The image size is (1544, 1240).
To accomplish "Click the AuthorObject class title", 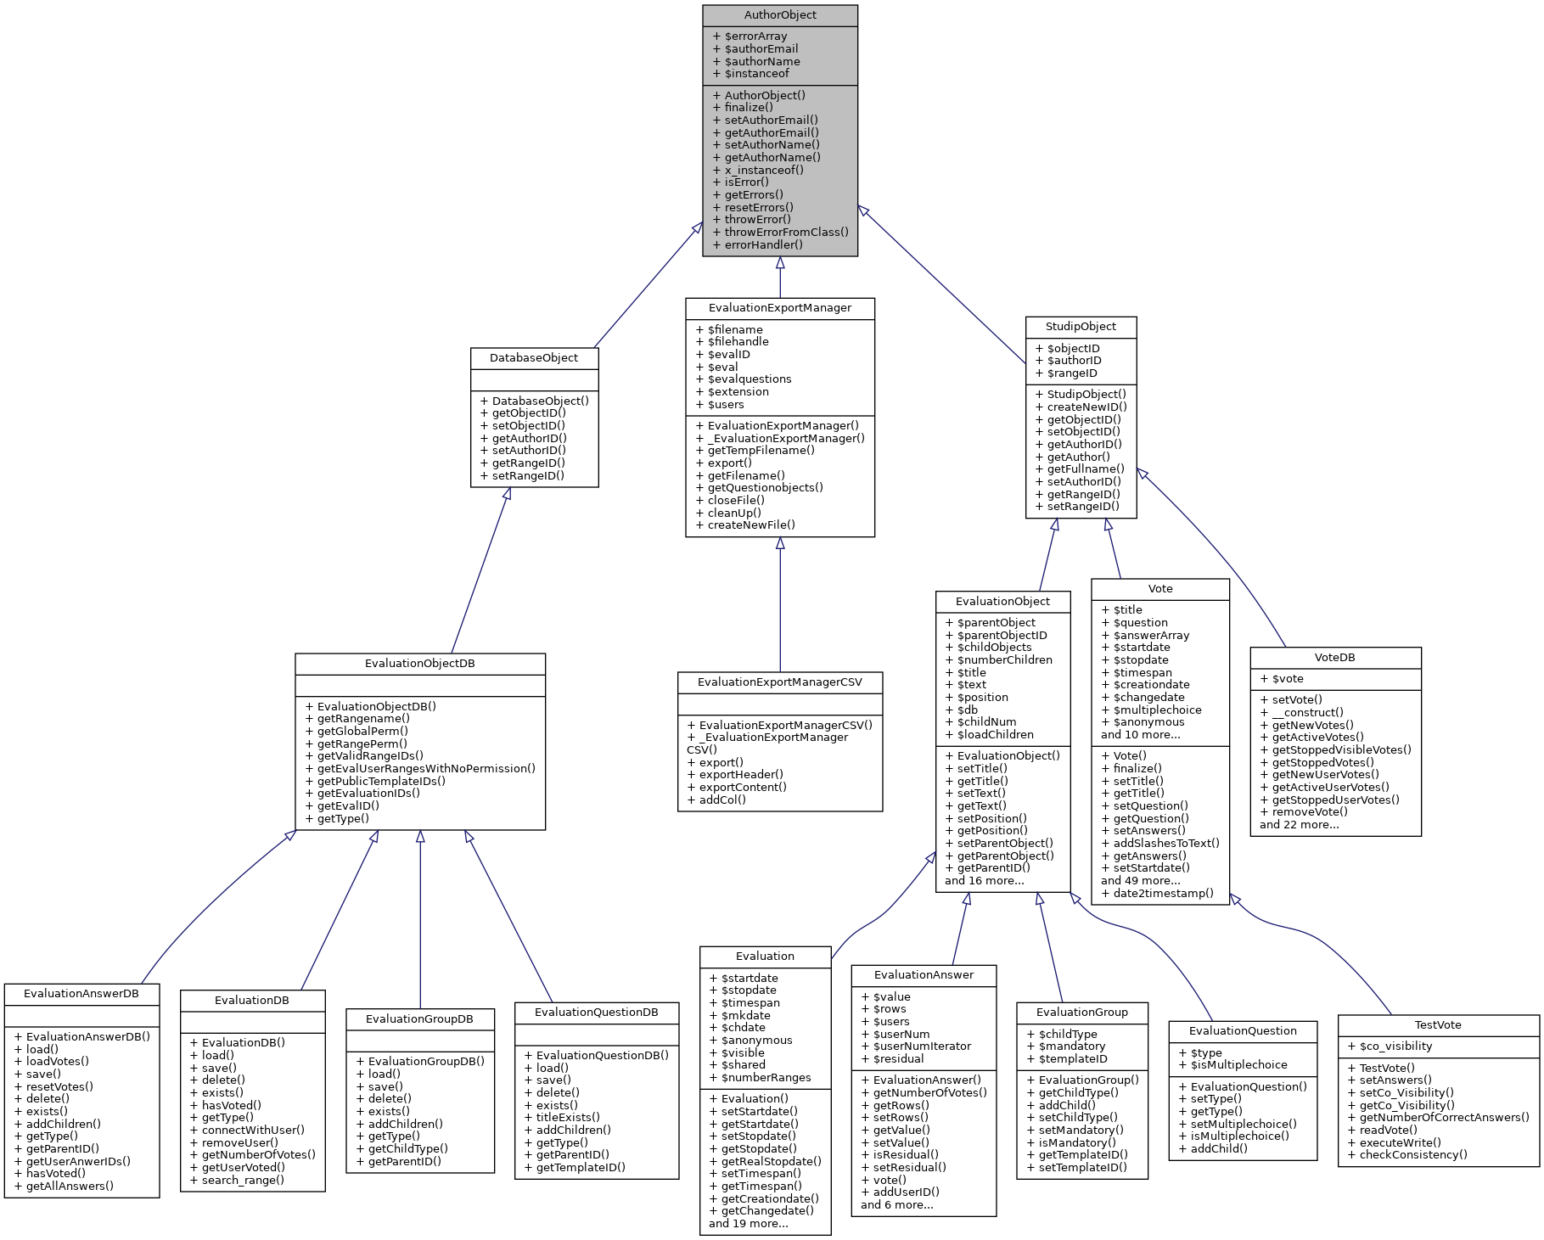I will pos(780,15).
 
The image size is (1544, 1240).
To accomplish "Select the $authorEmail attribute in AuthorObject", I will pos(761,49).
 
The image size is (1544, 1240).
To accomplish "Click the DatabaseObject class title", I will pos(534,358).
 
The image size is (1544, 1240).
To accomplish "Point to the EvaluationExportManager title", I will pos(780,308).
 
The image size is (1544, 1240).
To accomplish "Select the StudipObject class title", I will pos(1081,327).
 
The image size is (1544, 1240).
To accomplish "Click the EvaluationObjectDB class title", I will pos(420,664).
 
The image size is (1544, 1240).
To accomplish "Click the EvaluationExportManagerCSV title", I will pos(780,682).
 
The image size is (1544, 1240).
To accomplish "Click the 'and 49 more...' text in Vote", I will pos(1141,881).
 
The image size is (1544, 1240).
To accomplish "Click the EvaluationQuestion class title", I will pos(1243,1031).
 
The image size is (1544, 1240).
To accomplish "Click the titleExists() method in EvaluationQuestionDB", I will pos(567,1118).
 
